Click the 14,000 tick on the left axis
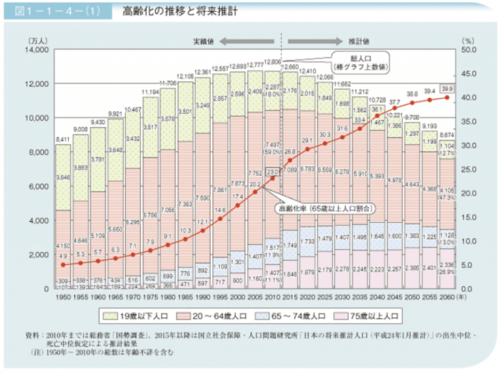click(x=36, y=50)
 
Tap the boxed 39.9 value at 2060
click(x=448, y=88)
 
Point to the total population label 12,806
click(x=273, y=63)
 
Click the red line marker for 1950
click(x=63, y=264)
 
